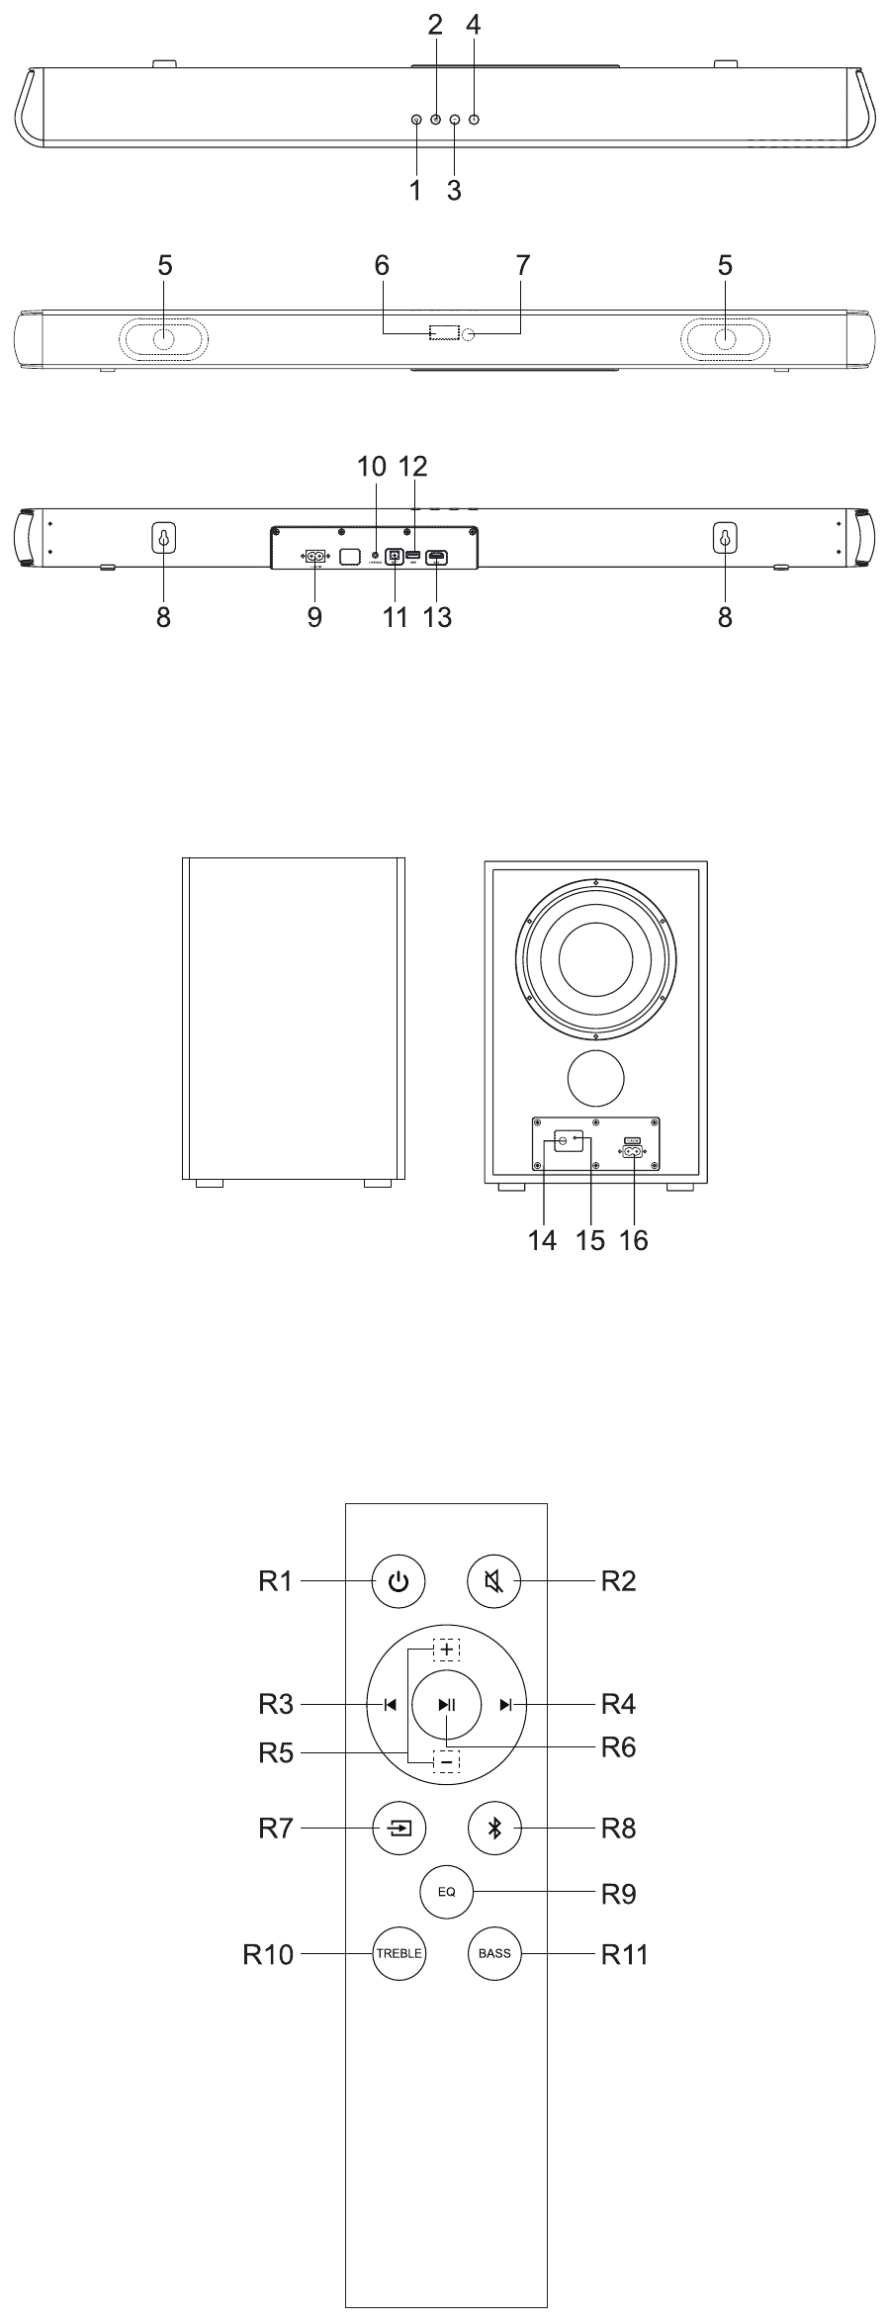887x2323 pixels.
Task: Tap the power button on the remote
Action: (x=399, y=1581)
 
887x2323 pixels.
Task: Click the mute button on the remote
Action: (x=493, y=1581)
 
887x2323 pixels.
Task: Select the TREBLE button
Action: (x=399, y=1953)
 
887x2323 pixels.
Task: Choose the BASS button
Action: (x=494, y=1953)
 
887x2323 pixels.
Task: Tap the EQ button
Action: (x=446, y=1891)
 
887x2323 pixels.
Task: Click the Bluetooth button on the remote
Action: (x=494, y=1828)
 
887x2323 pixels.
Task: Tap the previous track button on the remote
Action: (x=390, y=1704)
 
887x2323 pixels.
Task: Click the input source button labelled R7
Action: (x=399, y=1828)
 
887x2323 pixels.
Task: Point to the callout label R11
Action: (x=624, y=1954)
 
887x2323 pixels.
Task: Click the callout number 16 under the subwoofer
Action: (x=633, y=1240)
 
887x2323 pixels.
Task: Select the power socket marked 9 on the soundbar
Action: (x=315, y=557)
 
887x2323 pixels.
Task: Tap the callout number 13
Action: (x=437, y=617)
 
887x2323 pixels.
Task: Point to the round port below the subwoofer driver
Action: (x=596, y=1078)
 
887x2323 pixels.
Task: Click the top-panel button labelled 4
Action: (x=475, y=120)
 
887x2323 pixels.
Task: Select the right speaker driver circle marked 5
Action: (x=726, y=339)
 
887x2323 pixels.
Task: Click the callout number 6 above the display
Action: (x=382, y=265)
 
